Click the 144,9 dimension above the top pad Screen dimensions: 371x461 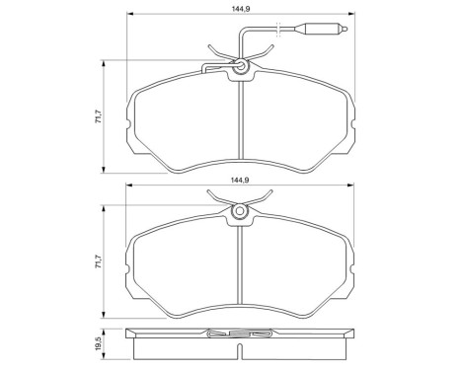[x=239, y=10]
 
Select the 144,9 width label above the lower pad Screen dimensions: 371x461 [x=239, y=181]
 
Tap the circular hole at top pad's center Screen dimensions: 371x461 [x=240, y=67]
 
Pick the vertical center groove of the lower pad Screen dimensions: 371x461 [x=240, y=266]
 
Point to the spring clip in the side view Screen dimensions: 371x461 [x=240, y=336]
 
